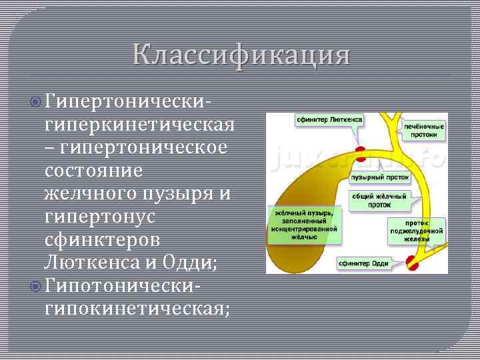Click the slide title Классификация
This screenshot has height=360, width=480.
(240, 54)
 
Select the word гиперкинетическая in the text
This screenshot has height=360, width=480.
(139, 125)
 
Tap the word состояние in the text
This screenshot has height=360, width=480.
(93, 171)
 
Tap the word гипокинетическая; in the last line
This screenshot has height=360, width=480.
(137, 308)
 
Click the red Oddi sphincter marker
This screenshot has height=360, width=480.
(413, 263)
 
